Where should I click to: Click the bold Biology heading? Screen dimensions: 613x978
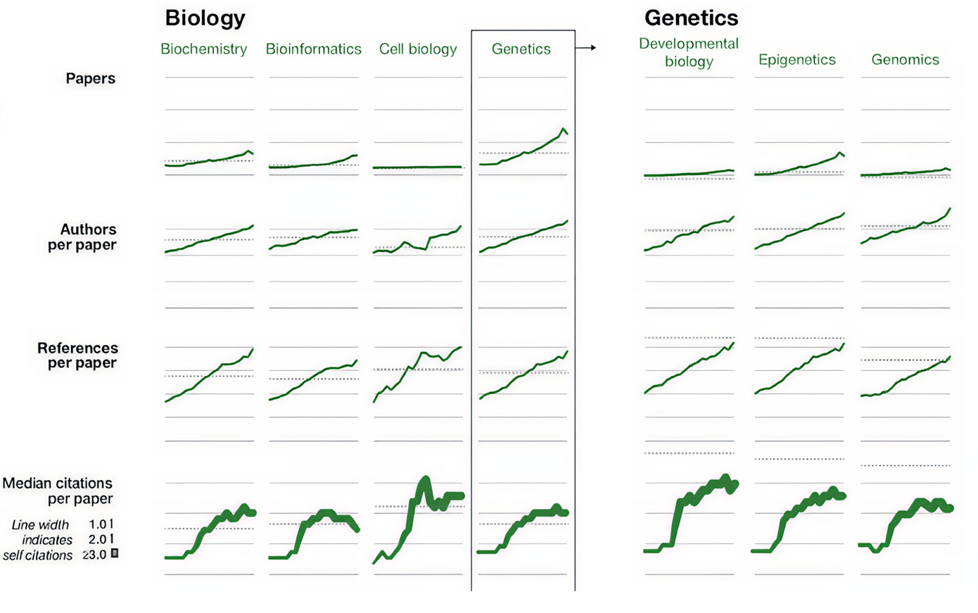205,18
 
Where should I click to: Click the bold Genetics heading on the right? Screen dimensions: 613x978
691,18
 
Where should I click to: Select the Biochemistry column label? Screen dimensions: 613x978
203,49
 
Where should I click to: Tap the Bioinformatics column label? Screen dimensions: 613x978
313,49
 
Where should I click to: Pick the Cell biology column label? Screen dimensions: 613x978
418,49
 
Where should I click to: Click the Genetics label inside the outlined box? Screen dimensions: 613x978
521,49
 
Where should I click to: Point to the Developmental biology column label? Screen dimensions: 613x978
689,52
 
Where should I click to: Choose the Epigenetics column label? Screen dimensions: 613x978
796,60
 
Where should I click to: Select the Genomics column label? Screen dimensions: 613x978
905,60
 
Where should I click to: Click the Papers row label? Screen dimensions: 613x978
90,78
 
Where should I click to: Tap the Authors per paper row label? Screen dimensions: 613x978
82,237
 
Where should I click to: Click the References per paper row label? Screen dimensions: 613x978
77,355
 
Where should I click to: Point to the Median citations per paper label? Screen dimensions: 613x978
58,491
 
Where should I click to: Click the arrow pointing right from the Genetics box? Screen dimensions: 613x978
585,48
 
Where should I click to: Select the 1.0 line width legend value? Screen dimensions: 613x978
98,524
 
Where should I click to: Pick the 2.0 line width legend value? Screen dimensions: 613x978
98,540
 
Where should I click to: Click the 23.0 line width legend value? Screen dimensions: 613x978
95,555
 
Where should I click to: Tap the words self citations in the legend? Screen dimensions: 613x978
38,555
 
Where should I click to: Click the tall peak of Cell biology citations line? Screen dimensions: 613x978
424,481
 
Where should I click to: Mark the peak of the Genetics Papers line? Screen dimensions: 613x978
563,129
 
